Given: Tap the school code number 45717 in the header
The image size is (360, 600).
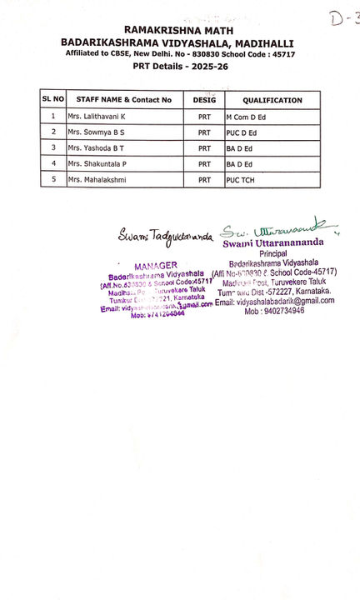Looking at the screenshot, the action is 280,53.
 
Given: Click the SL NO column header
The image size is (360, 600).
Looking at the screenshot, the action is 52,99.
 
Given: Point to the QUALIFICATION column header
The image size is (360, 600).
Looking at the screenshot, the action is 272,100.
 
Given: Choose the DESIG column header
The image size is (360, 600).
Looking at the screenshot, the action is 204,100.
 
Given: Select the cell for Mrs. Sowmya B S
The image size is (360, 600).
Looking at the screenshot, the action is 96,132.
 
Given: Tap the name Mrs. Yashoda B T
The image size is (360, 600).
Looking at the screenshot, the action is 97,147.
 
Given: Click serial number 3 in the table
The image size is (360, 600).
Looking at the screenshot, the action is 53,147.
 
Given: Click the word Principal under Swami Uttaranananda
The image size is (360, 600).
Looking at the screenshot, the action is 273,252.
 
